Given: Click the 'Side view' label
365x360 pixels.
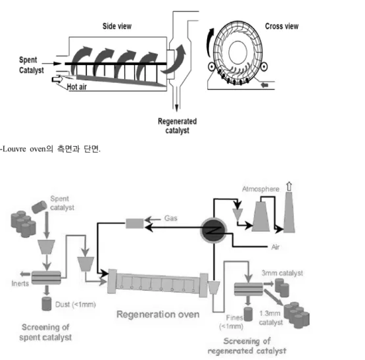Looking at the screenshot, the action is [x=117, y=26].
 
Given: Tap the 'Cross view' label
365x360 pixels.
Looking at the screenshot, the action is [x=281, y=26].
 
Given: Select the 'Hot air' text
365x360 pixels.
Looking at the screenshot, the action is [x=77, y=87].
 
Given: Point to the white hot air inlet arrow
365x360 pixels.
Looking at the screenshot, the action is [x=57, y=79].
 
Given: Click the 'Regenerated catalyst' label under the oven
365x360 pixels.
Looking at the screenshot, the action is [x=177, y=126].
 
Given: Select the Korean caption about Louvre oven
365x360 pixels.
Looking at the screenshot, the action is [x=50, y=149].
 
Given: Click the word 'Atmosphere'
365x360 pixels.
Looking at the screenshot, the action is [x=260, y=189].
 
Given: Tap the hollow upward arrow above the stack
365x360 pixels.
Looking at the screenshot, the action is [x=289, y=187].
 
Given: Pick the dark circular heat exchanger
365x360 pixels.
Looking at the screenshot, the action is [x=214, y=230].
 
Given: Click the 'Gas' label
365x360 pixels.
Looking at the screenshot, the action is [x=171, y=218].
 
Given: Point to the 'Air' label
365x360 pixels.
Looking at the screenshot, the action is [x=276, y=247].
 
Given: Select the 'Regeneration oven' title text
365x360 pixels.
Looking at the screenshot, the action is [x=158, y=315].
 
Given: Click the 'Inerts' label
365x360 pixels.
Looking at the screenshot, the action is [x=20, y=284].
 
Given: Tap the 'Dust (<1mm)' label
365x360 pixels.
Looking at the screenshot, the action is [x=76, y=305].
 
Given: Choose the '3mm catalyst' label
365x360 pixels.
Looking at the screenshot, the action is [x=282, y=273].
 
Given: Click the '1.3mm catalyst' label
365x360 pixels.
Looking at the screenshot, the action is [x=270, y=318].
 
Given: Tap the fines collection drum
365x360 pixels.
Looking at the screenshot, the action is [x=248, y=315].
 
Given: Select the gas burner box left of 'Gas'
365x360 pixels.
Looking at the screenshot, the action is [x=135, y=224].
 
